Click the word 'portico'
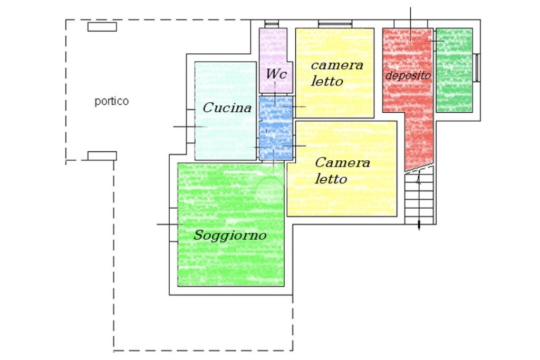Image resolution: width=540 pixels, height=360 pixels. pyautogui.click(x=112, y=102)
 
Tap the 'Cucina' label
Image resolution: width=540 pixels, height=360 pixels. pyautogui.click(x=227, y=108)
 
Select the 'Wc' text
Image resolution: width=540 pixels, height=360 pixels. pyautogui.click(x=276, y=73)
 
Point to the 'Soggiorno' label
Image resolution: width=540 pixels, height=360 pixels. pyautogui.click(x=230, y=235)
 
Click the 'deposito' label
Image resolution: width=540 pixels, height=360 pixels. pyautogui.click(x=408, y=75)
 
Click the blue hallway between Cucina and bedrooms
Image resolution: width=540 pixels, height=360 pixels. pyautogui.click(x=275, y=128)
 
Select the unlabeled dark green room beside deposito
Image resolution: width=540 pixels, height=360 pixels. pyautogui.click(x=454, y=70)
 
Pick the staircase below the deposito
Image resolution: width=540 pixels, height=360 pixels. pyautogui.click(x=419, y=196)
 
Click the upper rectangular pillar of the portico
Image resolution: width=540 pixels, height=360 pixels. pyautogui.click(x=102, y=27)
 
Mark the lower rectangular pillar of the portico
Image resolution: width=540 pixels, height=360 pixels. pyautogui.click(x=102, y=156)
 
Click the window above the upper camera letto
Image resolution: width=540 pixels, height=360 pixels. pyautogui.click(x=335, y=24)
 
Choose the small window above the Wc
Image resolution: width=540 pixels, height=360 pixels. pyautogui.click(x=272, y=24)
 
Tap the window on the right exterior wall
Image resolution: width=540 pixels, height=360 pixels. pyautogui.click(x=477, y=68)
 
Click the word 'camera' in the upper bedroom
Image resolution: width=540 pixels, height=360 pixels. pyautogui.click(x=337, y=65)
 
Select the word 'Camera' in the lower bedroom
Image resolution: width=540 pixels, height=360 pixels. pyautogui.click(x=342, y=162)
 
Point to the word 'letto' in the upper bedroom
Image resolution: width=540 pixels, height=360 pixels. pyautogui.click(x=327, y=81)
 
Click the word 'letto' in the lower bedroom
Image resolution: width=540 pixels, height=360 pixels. pyautogui.click(x=331, y=179)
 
